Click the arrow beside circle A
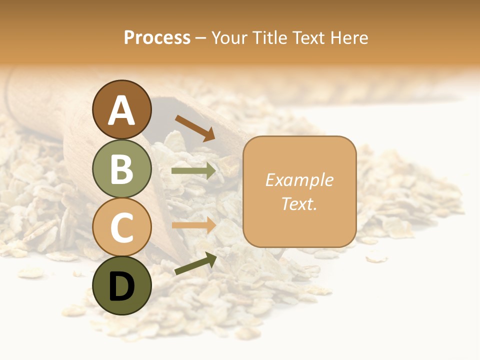[x=195, y=128]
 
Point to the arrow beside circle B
[x=194, y=171]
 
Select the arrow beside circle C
[x=194, y=225]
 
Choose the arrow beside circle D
[x=195, y=263]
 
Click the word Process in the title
[x=157, y=37]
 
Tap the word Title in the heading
[x=268, y=37]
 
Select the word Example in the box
[x=299, y=180]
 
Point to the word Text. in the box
[x=299, y=203]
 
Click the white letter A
[x=122, y=110]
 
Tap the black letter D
[x=122, y=287]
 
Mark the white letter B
[x=122, y=169]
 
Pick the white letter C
[x=122, y=227]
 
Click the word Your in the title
[x=229, y=37]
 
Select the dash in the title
[x=201, y=38]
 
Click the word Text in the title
[x=307, y=37]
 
